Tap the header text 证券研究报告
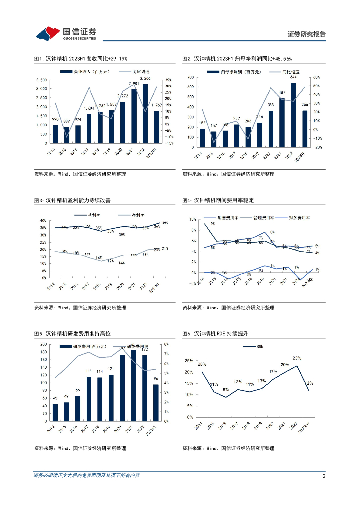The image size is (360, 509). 307,34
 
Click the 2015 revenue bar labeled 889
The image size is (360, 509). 66,135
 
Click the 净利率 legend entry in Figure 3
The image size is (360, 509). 131,215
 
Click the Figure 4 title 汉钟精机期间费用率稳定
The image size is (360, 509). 222,200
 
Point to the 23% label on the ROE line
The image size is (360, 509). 297,358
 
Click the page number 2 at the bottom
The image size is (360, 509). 324,476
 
